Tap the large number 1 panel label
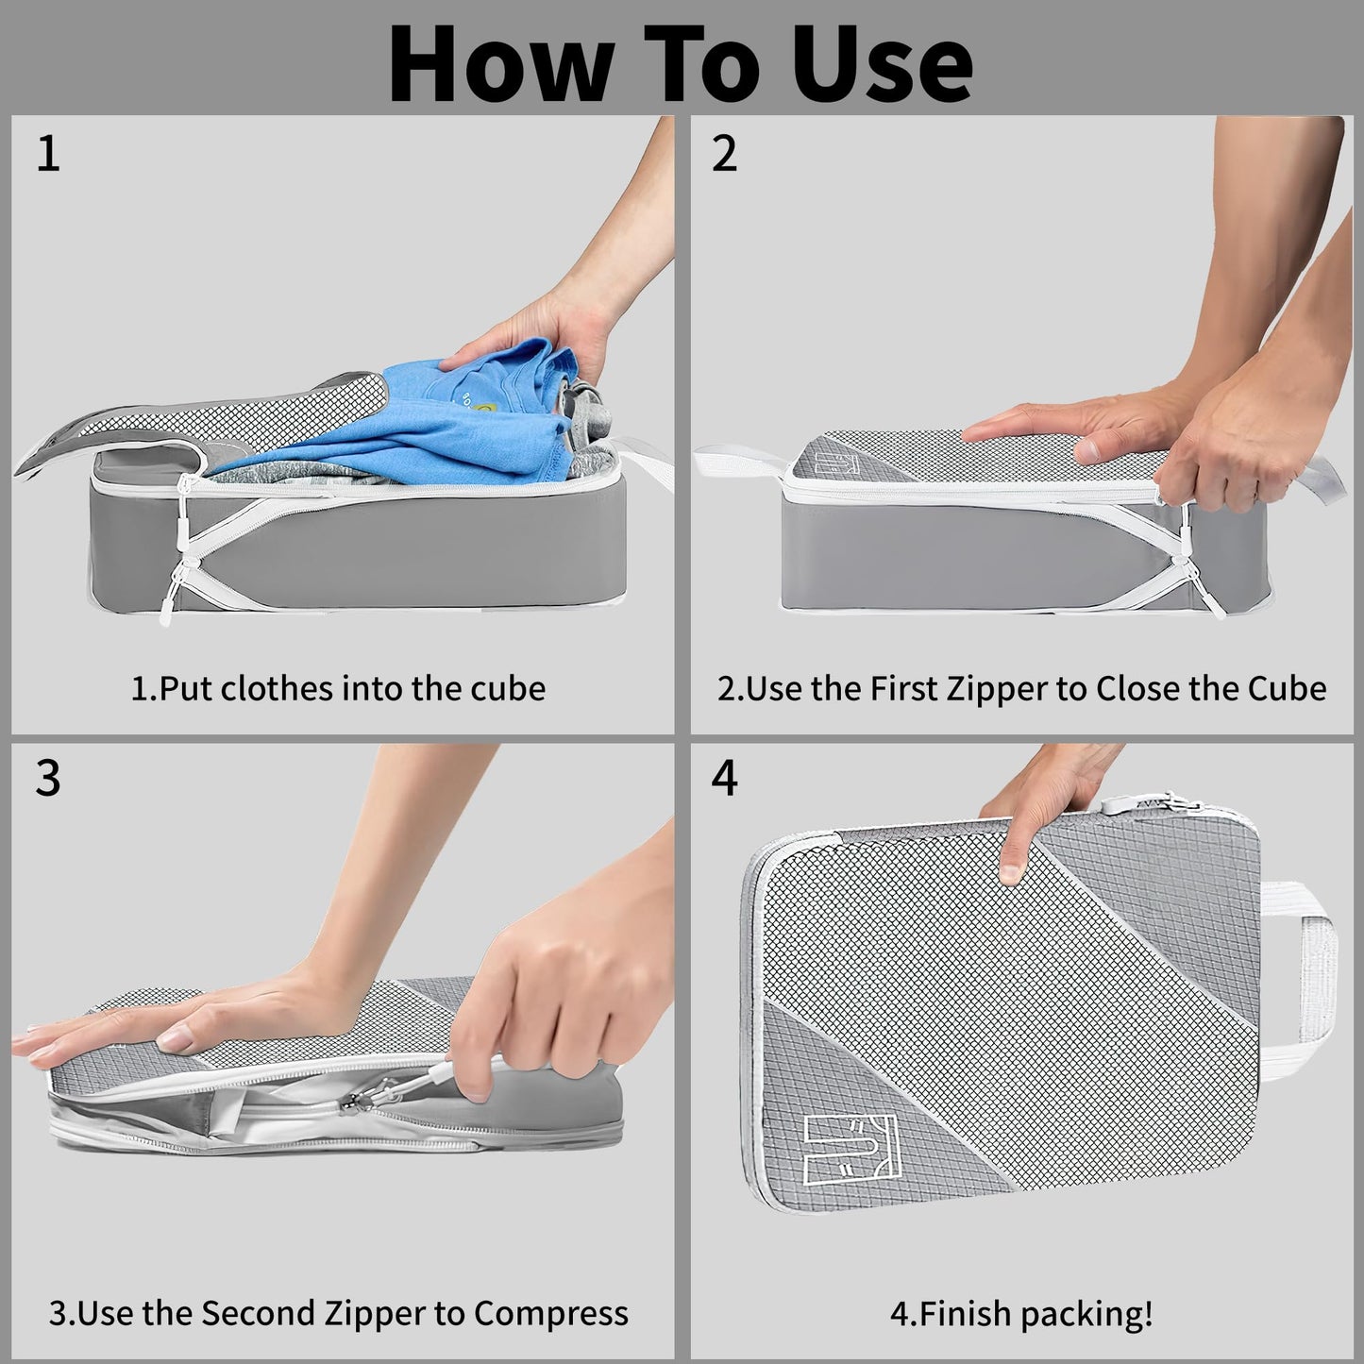coord(48,154)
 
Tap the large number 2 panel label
coord(724,154)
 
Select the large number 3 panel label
coord(48,779)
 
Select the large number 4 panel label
coord(724,779)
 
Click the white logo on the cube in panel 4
coord(850,1150)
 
